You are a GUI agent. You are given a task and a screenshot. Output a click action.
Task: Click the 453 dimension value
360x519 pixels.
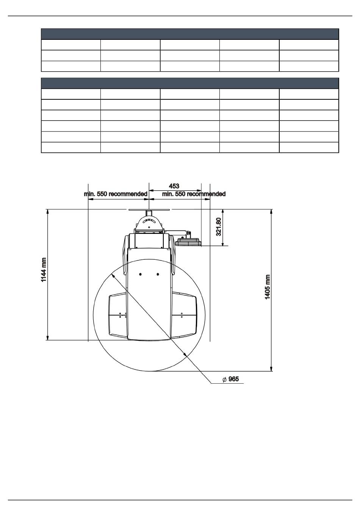(174, 186)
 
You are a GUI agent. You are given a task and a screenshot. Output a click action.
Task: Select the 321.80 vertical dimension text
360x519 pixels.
(218, 227)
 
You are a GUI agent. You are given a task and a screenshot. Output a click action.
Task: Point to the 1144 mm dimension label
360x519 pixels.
(44, 270)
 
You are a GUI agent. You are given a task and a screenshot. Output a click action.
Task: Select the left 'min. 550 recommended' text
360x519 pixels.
(116, 194)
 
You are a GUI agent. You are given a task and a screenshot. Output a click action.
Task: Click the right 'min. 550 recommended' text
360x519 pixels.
(194, 194)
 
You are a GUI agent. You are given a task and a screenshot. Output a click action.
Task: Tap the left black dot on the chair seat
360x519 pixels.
(140, 274)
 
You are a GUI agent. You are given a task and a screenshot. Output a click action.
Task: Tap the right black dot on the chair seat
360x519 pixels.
(158, 274)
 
